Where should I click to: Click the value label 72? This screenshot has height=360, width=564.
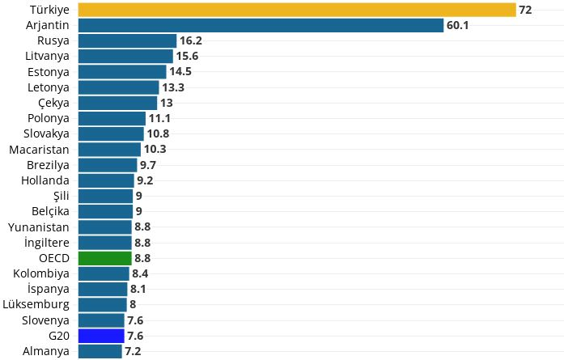[x=525, y=10]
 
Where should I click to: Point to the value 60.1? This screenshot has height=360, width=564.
[x=458, y=25]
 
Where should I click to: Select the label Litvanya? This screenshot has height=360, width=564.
[x=47, y=56]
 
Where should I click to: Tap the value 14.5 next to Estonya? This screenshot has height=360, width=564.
[x=180, y=72]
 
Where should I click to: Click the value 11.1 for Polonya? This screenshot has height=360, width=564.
[x=160, y=118]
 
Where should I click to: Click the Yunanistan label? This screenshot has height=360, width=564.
[x=39, y=227]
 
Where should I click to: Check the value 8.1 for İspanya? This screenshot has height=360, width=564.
[x=139, y=289]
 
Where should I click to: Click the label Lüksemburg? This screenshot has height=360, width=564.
[x=36, y=304]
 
